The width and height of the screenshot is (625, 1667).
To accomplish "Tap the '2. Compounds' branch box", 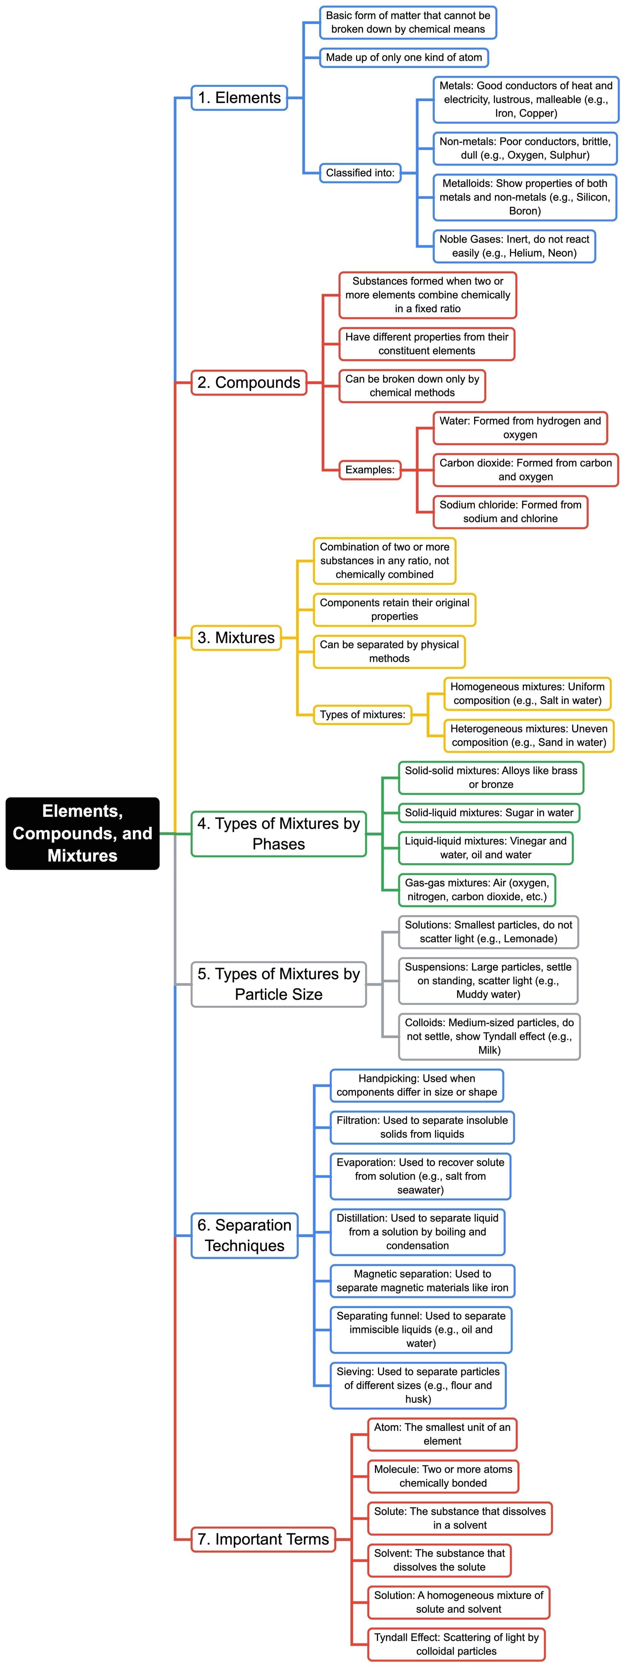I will [249, 383].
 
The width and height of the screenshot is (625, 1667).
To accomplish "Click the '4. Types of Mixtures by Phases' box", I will [278, 834].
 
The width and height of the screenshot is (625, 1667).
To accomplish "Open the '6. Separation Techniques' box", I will [244, 1235].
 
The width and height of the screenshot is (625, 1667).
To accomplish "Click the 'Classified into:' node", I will [360, 173].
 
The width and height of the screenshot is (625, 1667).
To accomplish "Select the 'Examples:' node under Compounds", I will [369, 470].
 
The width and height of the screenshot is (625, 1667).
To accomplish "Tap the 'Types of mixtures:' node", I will [362, 714].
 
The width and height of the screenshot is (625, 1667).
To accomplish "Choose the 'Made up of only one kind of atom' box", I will [404, 58].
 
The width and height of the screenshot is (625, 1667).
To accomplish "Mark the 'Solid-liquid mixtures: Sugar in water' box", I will [489, 813].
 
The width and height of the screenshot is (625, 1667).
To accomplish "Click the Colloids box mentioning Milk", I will [489, 1036].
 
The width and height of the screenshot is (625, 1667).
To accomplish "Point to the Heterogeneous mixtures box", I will [528, 736].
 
